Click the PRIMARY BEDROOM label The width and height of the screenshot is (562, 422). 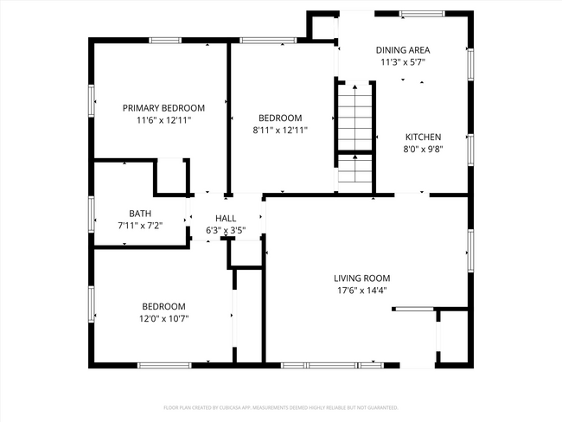coord(163,108)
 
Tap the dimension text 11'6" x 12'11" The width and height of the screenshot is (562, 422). coord(163,120)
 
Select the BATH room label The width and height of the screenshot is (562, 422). coord(140,213)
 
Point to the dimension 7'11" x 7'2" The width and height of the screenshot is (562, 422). coord(140,225)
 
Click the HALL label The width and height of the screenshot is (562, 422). coord(226,219)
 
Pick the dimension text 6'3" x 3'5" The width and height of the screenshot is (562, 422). coord(226,230)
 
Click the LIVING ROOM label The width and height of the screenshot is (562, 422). coord(362,278)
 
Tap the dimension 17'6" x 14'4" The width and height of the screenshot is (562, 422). coord(362,290)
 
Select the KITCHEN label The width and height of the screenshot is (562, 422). coord(424,137)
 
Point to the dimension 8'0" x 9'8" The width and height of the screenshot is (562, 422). coord(424,148)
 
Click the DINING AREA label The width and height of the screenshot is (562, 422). coord(403,50)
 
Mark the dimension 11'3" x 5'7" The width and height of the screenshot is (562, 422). coord(403,62)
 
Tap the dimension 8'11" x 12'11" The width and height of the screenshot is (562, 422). coord(280,130)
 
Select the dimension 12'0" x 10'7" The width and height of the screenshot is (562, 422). coord(163,318)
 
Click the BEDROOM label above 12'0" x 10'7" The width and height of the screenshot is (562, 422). coord(163,306)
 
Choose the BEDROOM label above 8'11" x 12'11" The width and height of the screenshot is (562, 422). coord(280,118)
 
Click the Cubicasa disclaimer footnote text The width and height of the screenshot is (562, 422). coord(280,406)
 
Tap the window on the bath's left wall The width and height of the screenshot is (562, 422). coord(91,213)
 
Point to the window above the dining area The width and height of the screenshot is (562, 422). coord(422,14)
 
